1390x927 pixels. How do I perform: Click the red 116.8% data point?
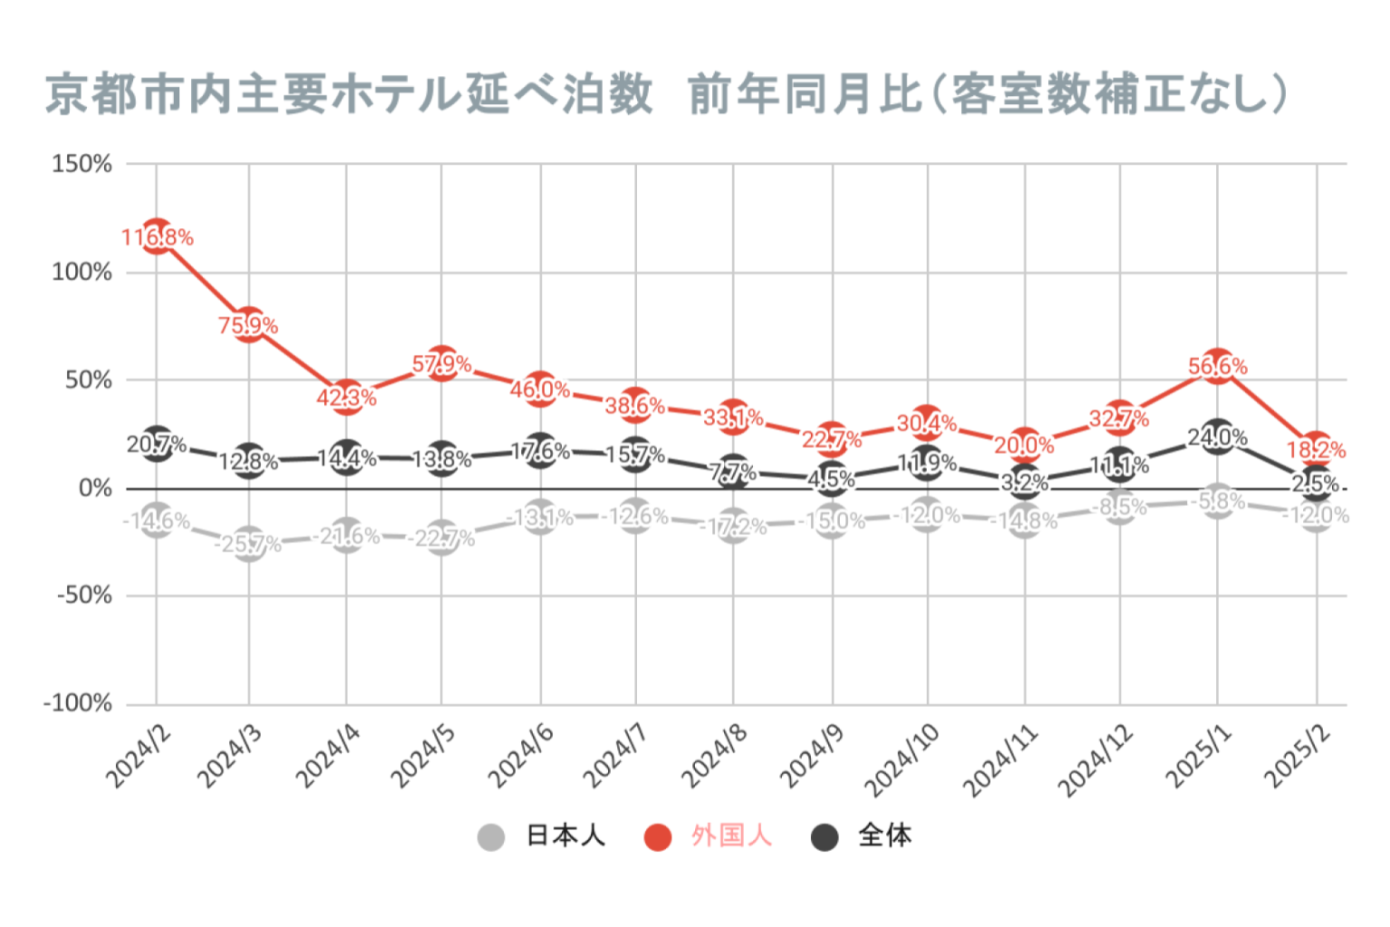coord(157,236)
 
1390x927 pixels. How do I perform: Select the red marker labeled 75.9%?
coord(249,324)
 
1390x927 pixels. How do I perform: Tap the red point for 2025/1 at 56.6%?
coord(1218,365)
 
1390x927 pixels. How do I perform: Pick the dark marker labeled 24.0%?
coord(1218,436)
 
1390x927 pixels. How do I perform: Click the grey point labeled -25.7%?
coord(249,543)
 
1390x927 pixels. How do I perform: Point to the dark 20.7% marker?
coord(157,444)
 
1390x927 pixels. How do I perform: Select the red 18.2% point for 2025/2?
coord(1316,448)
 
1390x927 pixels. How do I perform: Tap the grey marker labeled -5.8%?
coord(1218,501)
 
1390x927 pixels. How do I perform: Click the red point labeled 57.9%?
coord(442,363)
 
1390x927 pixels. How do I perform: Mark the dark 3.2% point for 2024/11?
coord(1024,482)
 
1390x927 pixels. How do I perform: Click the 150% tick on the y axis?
coord(82,164)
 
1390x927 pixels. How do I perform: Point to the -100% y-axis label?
coord(78,703)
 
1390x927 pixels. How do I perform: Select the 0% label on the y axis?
coord(95,488)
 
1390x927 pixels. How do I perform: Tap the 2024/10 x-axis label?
coord(902,760)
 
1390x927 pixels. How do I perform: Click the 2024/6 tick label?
coord(521,756)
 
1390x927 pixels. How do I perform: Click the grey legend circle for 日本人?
coord(490,836)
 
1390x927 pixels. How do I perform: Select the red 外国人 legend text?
coord(731,836)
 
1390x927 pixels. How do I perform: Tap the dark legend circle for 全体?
coord(824,836)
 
